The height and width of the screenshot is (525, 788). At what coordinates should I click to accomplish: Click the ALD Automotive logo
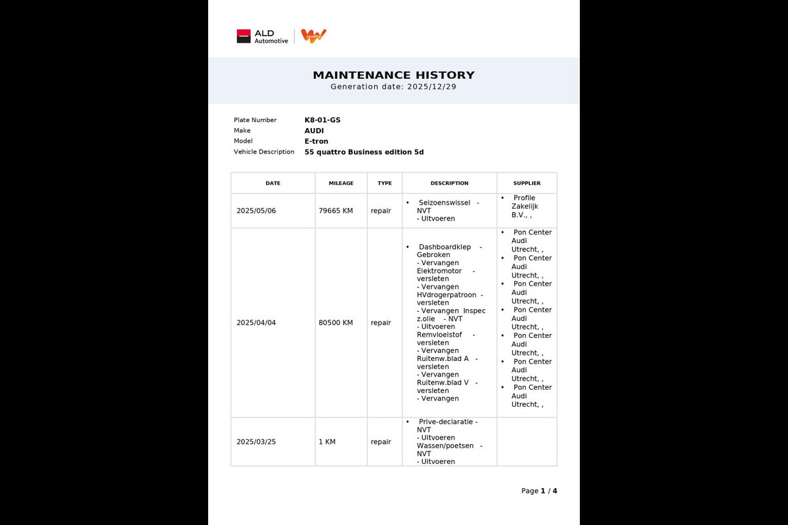tap(262, 36)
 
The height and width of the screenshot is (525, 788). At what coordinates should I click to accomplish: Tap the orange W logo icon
tap(314, 36)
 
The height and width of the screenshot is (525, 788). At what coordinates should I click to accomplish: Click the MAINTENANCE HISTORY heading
tap(393, 75)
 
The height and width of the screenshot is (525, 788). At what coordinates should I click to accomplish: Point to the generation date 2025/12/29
tap(431, 87)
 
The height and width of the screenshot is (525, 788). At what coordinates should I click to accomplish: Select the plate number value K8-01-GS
tap(322, 120)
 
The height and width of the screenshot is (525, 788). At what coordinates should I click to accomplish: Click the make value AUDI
tap(314, 131)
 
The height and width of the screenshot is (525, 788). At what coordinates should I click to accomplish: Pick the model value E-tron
tap(317, 141)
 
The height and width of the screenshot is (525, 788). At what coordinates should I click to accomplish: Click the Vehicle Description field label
tap(264, 152)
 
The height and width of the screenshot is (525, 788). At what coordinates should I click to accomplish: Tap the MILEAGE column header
tap(341, 183)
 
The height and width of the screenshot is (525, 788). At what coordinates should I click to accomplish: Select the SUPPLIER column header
tap(527, 183)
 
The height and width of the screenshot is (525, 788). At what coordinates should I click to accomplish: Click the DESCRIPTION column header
tap(449, 183)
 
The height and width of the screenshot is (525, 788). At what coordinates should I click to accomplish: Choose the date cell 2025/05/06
tap(256, 211)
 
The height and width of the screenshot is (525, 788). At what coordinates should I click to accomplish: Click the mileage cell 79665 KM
tap(336, 211)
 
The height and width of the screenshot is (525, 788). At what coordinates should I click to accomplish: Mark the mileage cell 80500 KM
tap(336, 323)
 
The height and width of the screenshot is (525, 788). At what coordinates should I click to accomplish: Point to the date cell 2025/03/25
tap(256, 442)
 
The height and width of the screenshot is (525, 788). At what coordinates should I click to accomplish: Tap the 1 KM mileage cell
tap(327, 442)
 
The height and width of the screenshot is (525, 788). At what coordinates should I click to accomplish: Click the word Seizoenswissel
tap(444, 203)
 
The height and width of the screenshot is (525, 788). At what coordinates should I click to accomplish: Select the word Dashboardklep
tap(445, 247)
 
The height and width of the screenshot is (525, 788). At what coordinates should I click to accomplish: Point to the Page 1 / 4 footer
tap(538, 491)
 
